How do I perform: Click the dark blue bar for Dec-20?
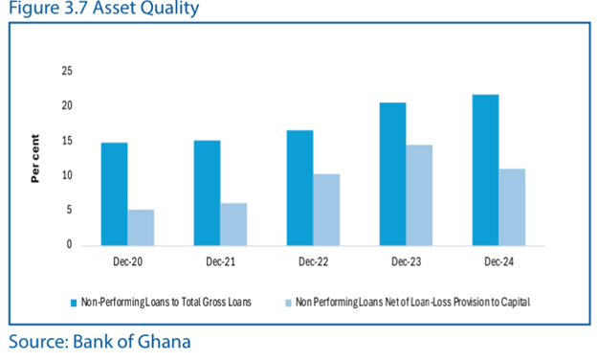[x=114, y=194]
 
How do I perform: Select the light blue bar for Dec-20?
[x=141, y=228]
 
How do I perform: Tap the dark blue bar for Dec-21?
[x=207, y=192]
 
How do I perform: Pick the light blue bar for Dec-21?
[x=233, y=224]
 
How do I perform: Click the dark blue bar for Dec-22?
[x=300, y=188]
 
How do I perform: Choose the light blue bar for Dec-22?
[x=326, y=210]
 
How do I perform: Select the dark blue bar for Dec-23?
[x=393, y=174]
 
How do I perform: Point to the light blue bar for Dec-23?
[x=419, y=195]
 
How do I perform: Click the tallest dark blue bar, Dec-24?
[x=485, y=170]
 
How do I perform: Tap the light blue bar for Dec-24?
[x=512, y=207]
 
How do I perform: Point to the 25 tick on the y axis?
[x=67, y=71]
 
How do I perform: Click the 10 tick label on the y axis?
[x=67, y=175]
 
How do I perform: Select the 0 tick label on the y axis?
[x=69, y=244]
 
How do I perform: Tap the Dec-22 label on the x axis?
[x=314, y=261]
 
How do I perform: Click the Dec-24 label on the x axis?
[x=498, y=261]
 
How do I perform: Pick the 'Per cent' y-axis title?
[x=35, y=158]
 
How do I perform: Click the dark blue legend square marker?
[x=74, y=303]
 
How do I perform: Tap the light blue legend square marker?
[x=289, y=303]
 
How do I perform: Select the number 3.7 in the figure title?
[x=77, y=8]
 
